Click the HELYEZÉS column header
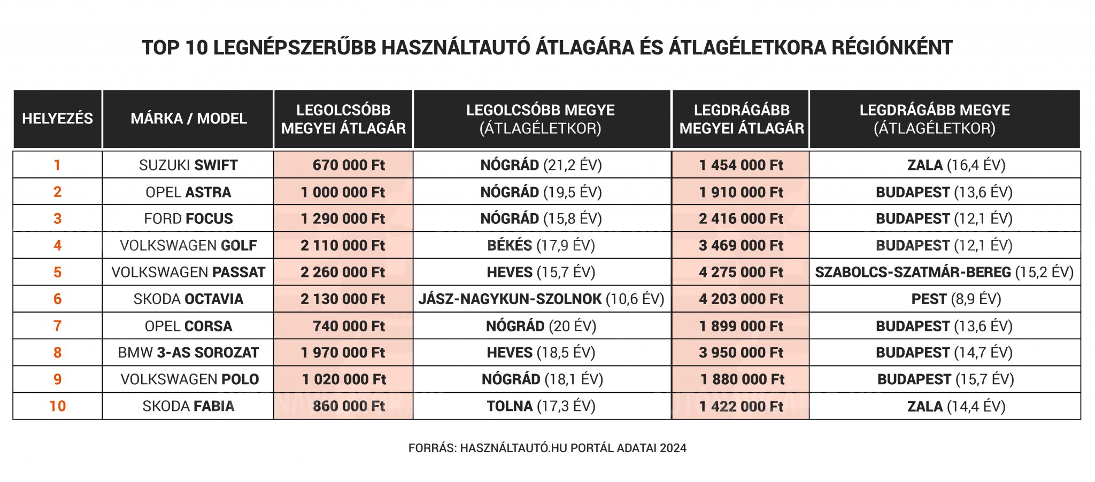[x=57, y=119]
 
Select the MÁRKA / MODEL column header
[x=188, y=119]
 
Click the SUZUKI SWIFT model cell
[x=188, y=165]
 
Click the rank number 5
[x=57, y=273]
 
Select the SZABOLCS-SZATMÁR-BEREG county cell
[x=944, y=273]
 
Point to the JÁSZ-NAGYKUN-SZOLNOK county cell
[x=541, y=299]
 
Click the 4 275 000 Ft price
[x=741, y=273]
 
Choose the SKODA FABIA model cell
[x=188, y=407]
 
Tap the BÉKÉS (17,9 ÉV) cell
[x=541, y=246]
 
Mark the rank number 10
[x=57, y=407]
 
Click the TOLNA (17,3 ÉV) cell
[x=541, y=407]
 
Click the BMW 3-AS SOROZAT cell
[x=188, y=353]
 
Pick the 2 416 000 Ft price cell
[x=741, y=219]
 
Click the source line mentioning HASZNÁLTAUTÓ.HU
[x=547, y=448]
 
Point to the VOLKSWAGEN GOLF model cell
[x=188, y=246]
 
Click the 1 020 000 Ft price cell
[x=344, y=380]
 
